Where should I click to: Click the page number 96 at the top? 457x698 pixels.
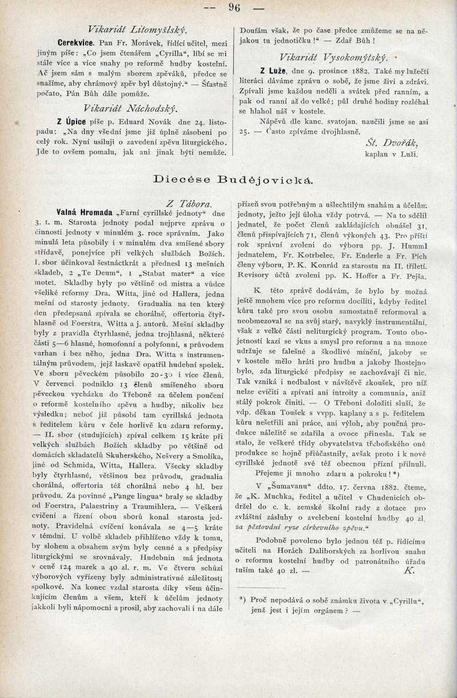point(234,7)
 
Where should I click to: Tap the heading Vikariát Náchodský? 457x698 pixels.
point(130,107)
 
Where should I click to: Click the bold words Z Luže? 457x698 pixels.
point(272,71)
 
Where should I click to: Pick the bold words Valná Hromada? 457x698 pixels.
point(84,213)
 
